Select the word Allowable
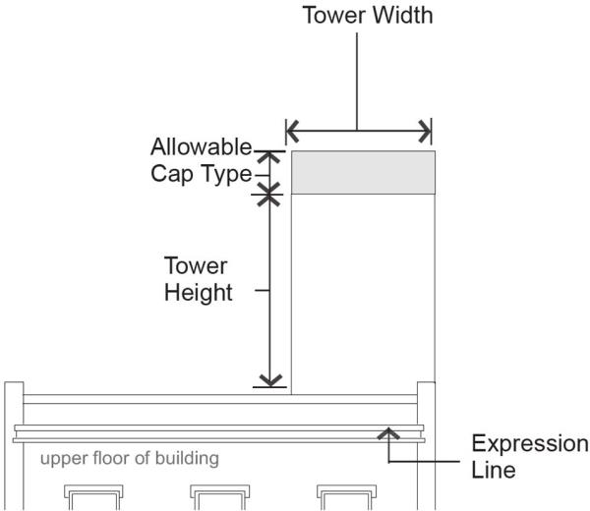tap(202, 148)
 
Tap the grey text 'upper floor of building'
tap(129, 458)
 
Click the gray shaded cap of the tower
tap(364, 173)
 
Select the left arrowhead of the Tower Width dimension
tap(290, 130)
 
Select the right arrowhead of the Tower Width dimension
tap(426, 130)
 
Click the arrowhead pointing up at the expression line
tap(389, 430)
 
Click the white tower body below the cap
tap(364, 295)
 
